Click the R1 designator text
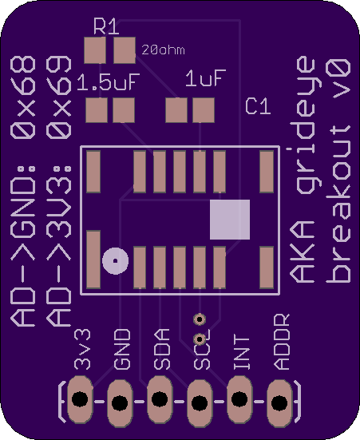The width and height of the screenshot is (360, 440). tap(106, 26)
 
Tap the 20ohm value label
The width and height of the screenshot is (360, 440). tap(164, 50)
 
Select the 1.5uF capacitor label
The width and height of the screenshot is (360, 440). tap(109, 82)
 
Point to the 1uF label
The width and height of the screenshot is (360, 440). tap(205, 77)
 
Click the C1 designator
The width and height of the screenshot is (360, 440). tap(258, 106)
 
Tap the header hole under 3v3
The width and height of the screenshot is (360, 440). tap(80, 398)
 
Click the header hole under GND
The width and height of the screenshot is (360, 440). tap(120, 402)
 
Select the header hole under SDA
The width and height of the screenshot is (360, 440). tap(160, 398)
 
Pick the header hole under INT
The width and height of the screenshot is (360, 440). tap(239, 398)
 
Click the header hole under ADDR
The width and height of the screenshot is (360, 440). tap(279, 402)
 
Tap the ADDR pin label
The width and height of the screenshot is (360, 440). tap(282, 342)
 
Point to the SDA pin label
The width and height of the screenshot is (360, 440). tap(162, 349)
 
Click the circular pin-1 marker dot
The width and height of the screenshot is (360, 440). tap(115, 261)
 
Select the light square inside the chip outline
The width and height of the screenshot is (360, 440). tap(230, 220)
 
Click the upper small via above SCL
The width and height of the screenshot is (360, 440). tap(200, 319)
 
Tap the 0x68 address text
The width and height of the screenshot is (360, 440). tap(23, 97)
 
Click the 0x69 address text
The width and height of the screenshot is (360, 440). tap(59, 97)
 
